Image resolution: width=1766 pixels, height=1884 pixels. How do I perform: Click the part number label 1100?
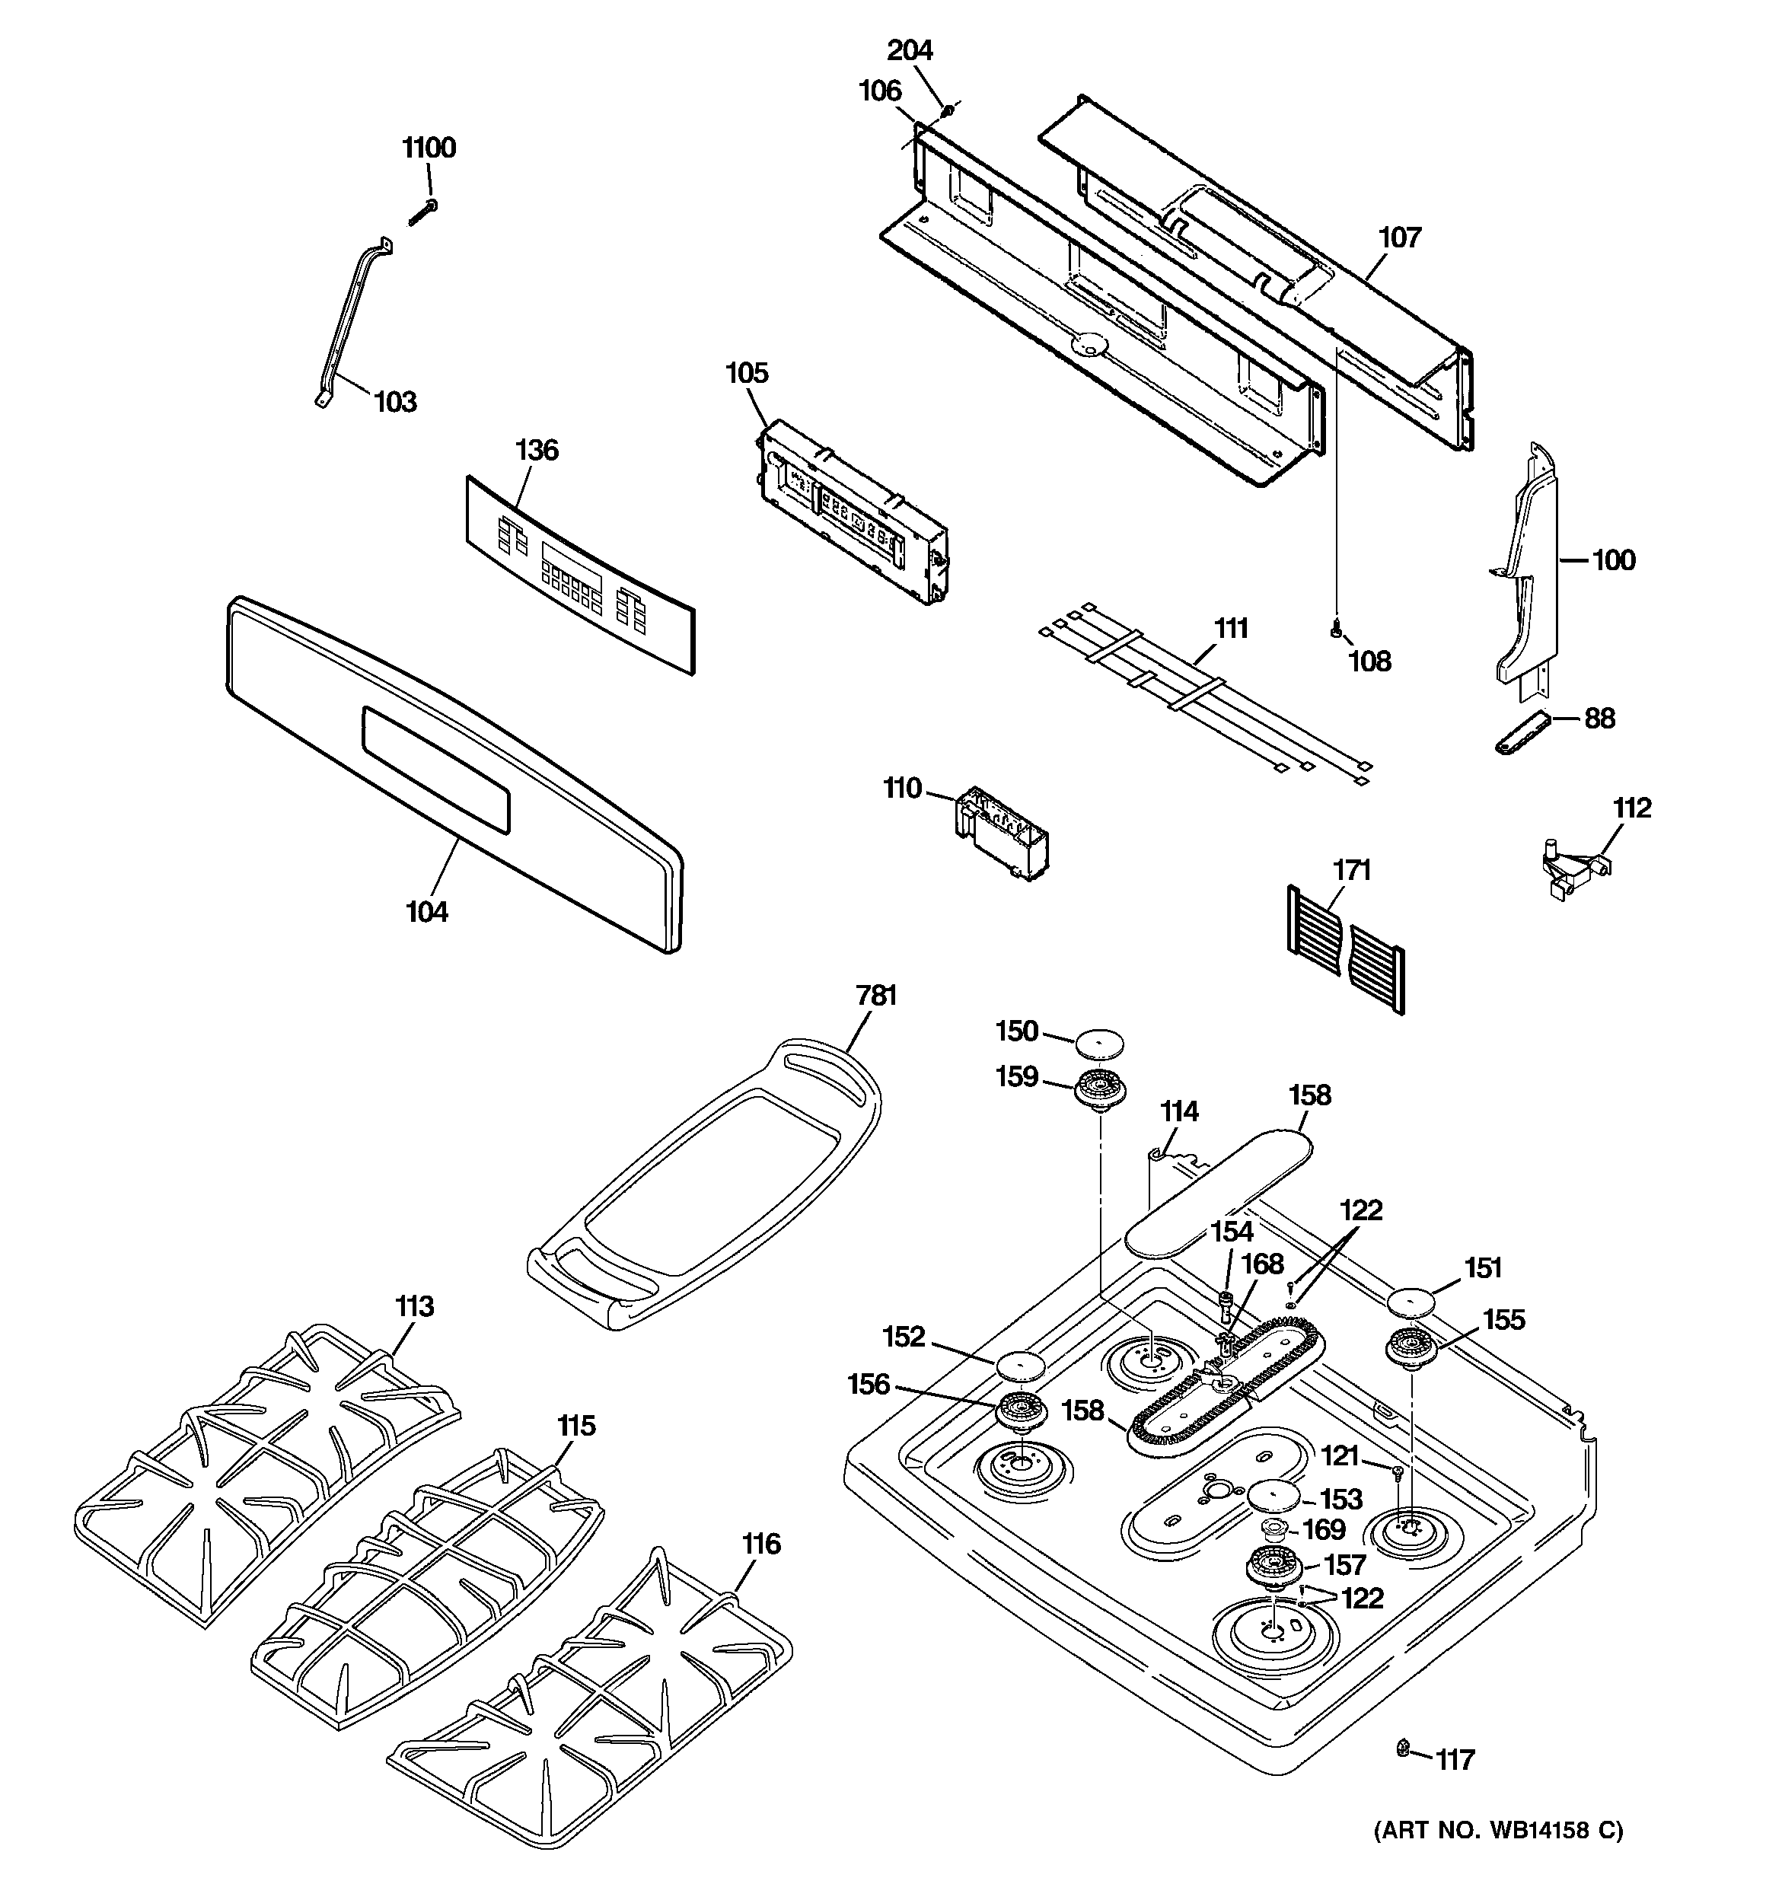click(429, 148)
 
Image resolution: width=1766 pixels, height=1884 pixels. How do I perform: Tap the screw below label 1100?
click(422, 213)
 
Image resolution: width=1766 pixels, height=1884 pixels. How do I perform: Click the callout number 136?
click(537, 449)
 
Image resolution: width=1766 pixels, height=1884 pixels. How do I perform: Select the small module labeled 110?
click(1002, 832)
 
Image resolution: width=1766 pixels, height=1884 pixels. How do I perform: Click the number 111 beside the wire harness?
click(1230, 628)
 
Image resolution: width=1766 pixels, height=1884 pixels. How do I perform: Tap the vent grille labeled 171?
click(1345, 948)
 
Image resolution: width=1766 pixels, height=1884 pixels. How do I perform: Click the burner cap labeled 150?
click(1098, 1044)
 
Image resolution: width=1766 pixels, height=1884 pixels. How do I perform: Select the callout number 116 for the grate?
click(760, 1544)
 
